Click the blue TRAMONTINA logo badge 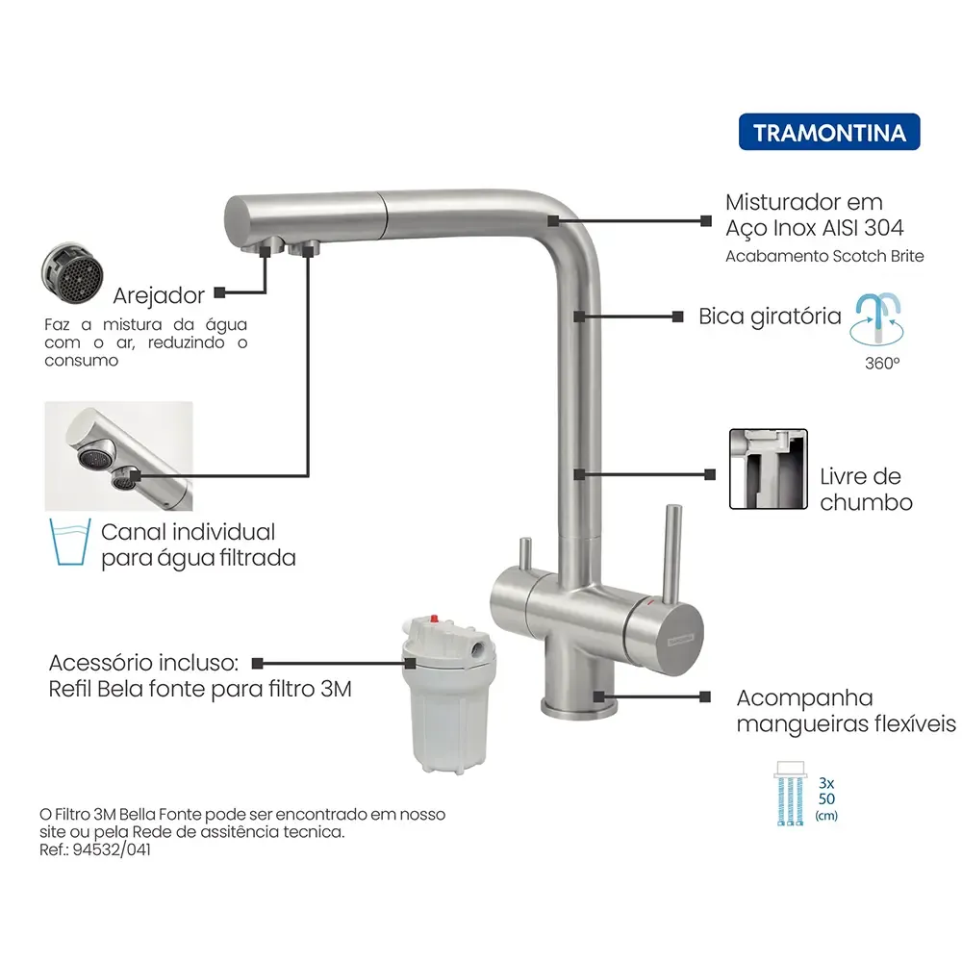coord(829,132)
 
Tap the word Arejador coord(158,294)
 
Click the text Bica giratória coord(770,316)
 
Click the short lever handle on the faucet coord(525,556)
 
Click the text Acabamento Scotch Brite coord(824,256)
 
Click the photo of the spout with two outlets coord(119,455)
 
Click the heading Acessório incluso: coord(143,663)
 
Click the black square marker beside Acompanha coord(709,696)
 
